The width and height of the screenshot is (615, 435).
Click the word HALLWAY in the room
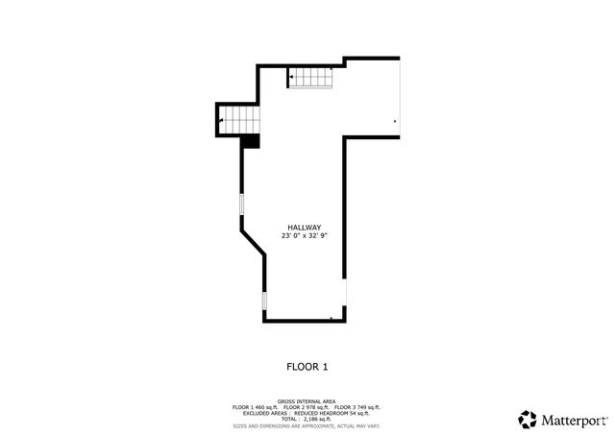coord(303,228)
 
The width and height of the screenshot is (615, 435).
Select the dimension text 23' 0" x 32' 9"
coord(304,236)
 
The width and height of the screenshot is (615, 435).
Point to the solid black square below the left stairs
coord(251,141)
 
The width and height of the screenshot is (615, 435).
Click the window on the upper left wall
coord(241,205)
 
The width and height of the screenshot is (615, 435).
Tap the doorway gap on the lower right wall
coord(346,294)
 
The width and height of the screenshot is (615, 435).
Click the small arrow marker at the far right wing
coord(395,121)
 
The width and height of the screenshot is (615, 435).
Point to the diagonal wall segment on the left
coord(253,241)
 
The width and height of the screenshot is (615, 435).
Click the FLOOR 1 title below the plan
coord(307,366)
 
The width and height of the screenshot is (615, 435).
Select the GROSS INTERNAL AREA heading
coord(307,400)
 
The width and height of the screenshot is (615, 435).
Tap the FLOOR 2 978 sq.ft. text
coord(308,407)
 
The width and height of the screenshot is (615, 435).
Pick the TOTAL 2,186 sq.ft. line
coord(307,419)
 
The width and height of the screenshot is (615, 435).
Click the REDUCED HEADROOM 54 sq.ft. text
coord(336,413)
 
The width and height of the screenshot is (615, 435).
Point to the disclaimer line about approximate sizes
coord(307,425)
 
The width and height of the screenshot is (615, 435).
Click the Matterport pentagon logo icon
coord(528,419)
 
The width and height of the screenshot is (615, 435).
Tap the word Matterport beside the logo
coord(573,420)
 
